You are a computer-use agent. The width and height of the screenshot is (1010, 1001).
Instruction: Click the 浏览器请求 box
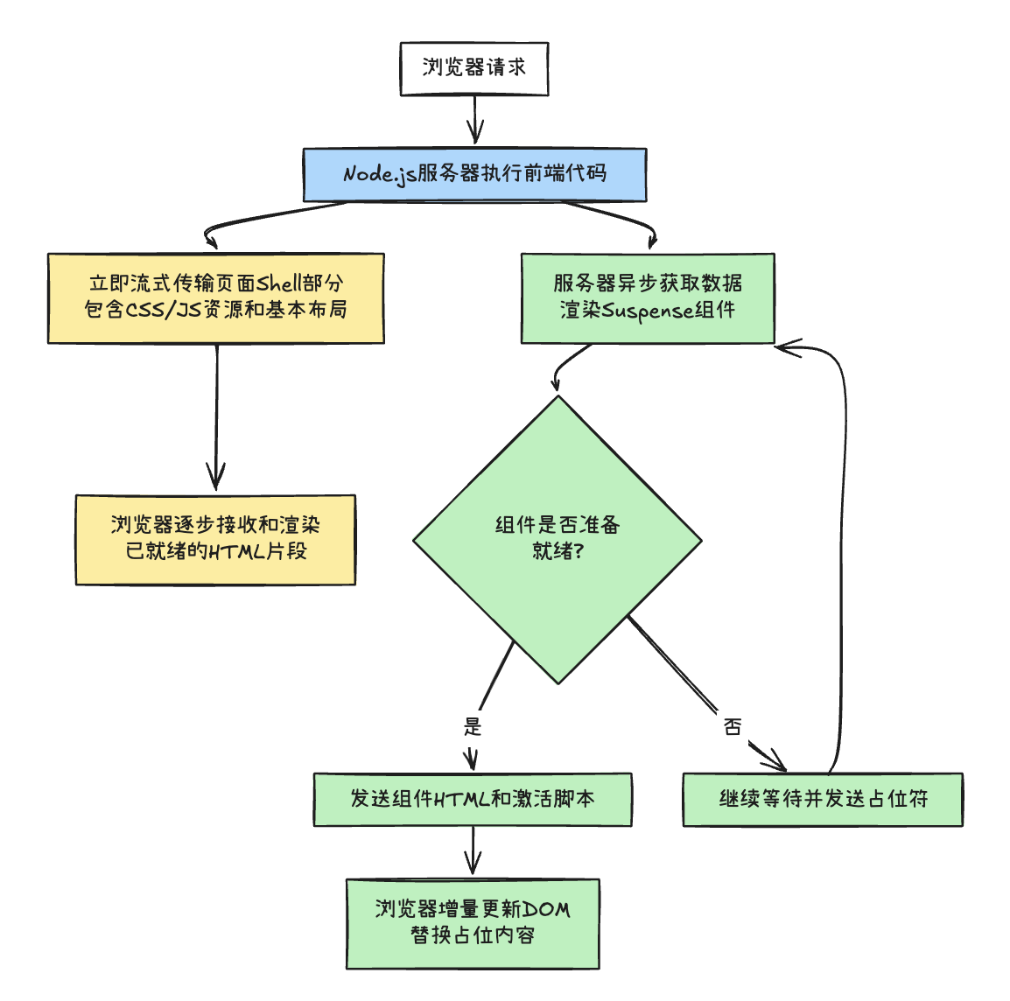[x=473, y=68]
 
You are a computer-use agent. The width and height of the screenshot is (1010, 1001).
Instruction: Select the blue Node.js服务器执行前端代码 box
[x=474, y=174]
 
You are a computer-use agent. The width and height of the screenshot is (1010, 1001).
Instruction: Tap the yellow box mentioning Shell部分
[x=215, y=297]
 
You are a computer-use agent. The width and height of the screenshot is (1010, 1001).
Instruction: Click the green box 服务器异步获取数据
[x=648, y=297]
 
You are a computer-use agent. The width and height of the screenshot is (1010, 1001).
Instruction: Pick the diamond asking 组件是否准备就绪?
[x=558, y=538]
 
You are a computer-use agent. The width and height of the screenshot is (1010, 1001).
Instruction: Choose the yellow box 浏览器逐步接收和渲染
[x=215, y=539]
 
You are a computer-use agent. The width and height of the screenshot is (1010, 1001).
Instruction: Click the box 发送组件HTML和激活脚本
[x=473, y=799]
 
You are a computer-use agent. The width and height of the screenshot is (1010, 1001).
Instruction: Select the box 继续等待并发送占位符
[x=823, y=799]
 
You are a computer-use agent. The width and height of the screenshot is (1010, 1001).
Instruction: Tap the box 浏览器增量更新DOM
[x=473, y=923]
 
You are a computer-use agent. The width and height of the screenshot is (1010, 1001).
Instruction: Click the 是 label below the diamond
[x=473, y=726]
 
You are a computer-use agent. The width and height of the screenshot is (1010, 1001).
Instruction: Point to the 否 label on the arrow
[x=733, y=726]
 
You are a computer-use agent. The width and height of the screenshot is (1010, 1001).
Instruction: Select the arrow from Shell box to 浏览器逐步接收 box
[x=216, y=416]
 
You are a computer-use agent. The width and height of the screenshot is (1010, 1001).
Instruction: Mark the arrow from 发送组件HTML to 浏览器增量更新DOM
[x=473, y=850]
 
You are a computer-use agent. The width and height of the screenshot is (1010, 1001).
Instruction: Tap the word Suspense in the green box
[x=649, y=311]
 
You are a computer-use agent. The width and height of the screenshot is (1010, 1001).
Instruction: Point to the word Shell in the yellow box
[x=277, y=283]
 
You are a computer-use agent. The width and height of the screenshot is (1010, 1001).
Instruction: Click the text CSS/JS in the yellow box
[x=165, y=310]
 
